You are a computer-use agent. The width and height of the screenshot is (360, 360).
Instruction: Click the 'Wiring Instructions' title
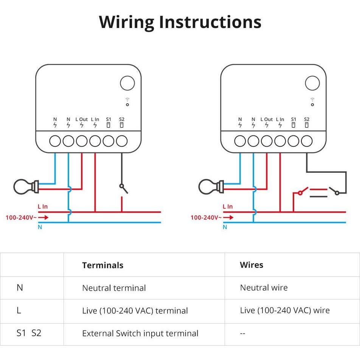click(x=180, y=22)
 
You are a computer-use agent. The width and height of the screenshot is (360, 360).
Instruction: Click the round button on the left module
click(x=127, y=83)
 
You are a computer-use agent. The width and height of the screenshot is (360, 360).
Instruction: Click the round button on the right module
click(x=312, y=83)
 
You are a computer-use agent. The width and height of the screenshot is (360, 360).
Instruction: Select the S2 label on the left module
click(x=122, y=119)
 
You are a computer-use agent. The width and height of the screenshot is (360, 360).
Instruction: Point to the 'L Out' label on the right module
click(x=267, y=119)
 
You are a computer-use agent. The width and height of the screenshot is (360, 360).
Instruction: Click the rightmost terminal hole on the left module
click(x=122, y=141)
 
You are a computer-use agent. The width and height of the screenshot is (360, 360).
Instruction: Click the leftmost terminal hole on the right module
click(x=240, y=141)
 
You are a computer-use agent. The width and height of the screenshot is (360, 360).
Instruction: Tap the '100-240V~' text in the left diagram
click(x=21, y=217)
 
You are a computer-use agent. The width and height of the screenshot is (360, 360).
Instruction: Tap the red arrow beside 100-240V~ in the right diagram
click(x=228, y=217)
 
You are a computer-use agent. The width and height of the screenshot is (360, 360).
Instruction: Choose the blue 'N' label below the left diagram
click(x=40, y=227)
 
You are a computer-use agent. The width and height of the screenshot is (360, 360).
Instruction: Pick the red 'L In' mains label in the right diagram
click(x=228, y=206)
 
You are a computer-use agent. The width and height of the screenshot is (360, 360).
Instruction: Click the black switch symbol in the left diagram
click(x=123, y=188)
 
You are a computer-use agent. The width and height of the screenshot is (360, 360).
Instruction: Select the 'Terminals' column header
click(x=102, y=265)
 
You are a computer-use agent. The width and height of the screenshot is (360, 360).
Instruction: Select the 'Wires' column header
click(x=251, y=265)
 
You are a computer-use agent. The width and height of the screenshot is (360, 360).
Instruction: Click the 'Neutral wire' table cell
click(x=264, y=288)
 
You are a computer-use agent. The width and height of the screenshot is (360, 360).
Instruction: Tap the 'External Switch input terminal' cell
click(x=140, y=334)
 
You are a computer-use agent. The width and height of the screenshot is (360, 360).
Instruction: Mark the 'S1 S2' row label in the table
click(x=29, y=333)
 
